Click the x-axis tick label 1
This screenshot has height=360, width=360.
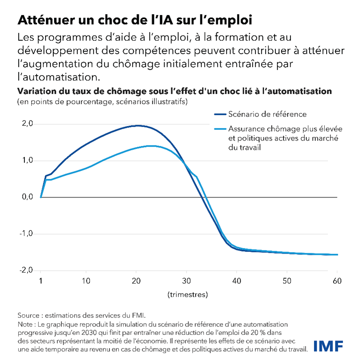coord(41,281)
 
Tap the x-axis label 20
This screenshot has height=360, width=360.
coord(136,281)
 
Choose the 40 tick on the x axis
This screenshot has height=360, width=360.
coord(236,281)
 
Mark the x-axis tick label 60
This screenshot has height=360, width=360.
coord(337,281)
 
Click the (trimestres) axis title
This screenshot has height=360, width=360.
coord(189,294)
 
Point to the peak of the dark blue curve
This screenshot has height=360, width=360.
coord(138,125)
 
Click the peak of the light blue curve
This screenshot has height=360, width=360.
coord(151,146)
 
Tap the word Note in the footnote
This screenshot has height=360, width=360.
coord(26,325)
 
